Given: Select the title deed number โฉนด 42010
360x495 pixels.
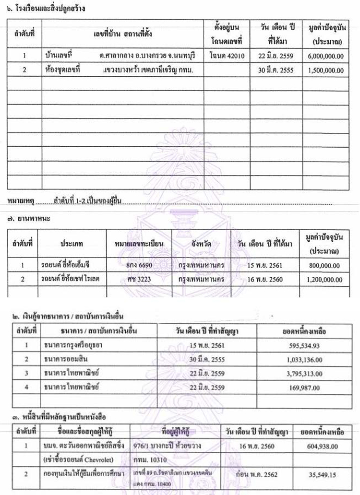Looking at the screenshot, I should [x=227, y=56].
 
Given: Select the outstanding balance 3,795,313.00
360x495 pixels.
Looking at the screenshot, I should [x=303, y=373].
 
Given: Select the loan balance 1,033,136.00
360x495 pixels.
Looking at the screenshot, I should [x=303, y=358].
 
